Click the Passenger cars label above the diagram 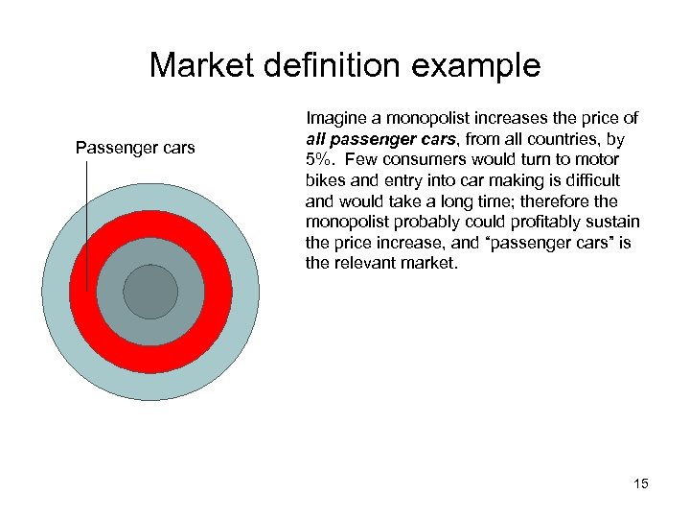pos(135,148)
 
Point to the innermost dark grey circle pos(150,292)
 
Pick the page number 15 pos(640,483)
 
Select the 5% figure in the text pos(319,159)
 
